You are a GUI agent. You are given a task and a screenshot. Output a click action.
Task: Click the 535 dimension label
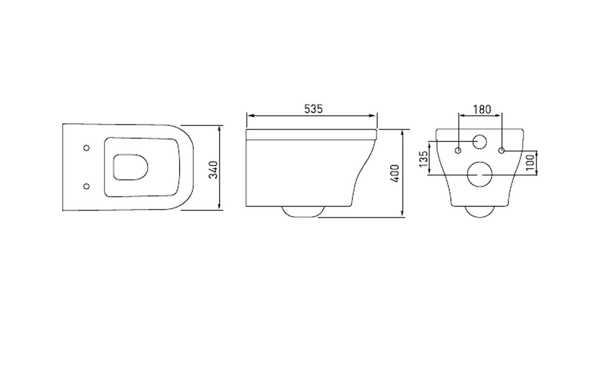313,109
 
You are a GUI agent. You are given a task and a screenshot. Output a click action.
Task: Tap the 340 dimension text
213,170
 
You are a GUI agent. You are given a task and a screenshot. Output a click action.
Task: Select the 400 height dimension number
395,174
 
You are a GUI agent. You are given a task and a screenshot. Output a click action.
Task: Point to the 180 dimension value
482,109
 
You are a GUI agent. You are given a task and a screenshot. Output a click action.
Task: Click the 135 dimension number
424,159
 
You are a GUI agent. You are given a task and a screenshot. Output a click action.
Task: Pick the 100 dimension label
530,163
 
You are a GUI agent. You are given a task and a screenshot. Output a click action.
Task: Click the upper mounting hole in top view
86,148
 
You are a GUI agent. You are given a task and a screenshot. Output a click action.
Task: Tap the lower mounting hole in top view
86,186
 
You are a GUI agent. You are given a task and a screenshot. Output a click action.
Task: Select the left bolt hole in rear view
458,150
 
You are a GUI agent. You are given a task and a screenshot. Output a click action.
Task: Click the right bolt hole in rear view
501,150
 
